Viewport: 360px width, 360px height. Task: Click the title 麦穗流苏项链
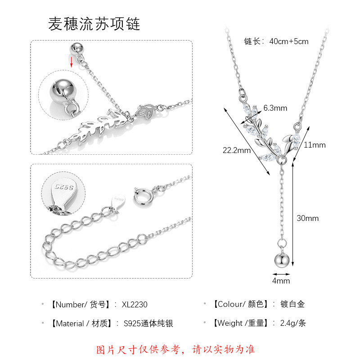[94, 24]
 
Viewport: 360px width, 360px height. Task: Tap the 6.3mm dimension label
[275, 108]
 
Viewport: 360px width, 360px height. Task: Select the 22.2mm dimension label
[237, 150]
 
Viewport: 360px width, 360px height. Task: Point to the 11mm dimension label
[315, 145]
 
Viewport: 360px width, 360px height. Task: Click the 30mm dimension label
[307, 218]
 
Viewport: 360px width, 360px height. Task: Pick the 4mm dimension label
[281, 281]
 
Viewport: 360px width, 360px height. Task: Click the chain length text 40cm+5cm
[289, 41]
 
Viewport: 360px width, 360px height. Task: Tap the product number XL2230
[135, 305]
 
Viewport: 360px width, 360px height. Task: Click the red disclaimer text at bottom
[176, 349]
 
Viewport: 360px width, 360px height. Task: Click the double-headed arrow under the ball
[281, 273]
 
